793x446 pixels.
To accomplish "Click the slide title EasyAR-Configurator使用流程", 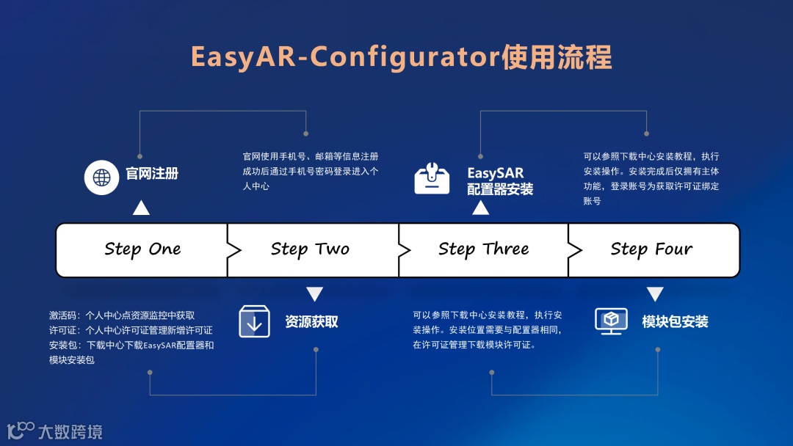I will (x=401, y=57).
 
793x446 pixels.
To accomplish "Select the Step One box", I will (x=142, y=249).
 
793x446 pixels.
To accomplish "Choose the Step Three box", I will (x=483, y=249).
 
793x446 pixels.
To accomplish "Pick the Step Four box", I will (x=651, y=249).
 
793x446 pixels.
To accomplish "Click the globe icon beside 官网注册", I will (x=101, y=177).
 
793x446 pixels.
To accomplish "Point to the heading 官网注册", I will (x=152, y=175).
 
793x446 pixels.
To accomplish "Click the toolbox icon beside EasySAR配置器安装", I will (x=432, y=179).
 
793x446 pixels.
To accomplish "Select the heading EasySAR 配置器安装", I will (x=500, y=181).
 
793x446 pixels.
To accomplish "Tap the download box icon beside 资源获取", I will (x=255, y=321).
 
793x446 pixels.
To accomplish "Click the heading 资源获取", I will (x=311, y=321).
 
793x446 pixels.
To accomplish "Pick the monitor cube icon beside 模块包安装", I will (x=611, y=321).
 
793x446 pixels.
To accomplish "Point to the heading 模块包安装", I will (x=675, y=321).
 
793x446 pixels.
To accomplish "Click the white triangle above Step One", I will (x=141, y=208).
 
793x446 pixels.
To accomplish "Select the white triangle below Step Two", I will (x=315, y=294).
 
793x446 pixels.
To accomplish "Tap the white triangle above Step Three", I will (x=480, y=208).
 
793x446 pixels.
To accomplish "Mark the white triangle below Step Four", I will (x=655, y=294).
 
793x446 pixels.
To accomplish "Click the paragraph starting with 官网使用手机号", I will (x=311, y=171).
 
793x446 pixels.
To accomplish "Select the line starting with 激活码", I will (x=122, y=315).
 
